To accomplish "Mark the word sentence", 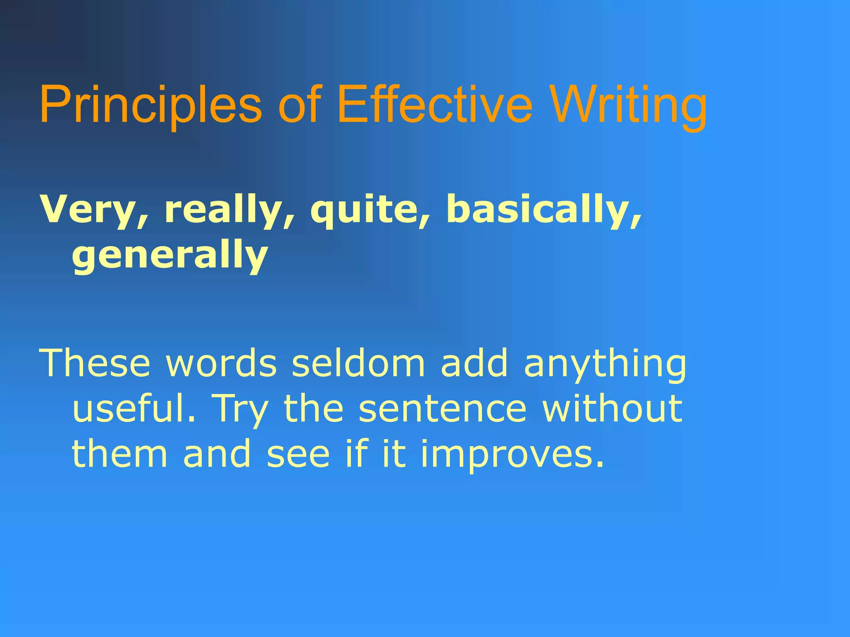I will click(442, 408).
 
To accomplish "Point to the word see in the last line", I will click(298, 454).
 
